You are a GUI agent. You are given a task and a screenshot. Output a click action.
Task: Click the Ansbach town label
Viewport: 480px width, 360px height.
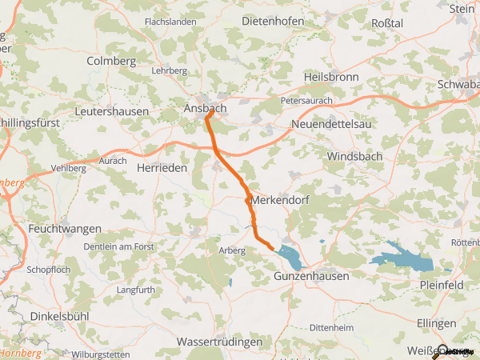pyautogui.click(x=205, y=108)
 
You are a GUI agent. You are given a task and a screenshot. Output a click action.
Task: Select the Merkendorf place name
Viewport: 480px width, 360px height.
pyautogui.click(x=279, y=198)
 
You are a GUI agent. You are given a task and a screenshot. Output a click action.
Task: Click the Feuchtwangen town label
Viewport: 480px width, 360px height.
pyautogui.click(x=62, y=229)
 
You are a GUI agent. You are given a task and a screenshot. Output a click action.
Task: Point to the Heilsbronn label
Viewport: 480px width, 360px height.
pyautogui.click(x=331, y=77)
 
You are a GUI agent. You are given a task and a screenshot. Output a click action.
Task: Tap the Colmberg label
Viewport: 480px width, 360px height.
pyautogui.click(x=112, y=61)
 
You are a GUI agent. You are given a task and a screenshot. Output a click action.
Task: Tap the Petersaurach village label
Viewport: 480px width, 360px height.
pyautogui.click(x=306, y=102)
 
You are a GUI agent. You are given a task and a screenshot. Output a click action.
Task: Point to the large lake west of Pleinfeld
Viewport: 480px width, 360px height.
pyautogui.click(x=402, y=262)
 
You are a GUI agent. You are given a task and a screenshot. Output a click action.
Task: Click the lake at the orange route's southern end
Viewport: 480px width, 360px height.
pyautogui.click(x=290, y=257)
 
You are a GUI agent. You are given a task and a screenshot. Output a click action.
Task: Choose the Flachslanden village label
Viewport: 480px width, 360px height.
pyautogui.click(x=170, y=22)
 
